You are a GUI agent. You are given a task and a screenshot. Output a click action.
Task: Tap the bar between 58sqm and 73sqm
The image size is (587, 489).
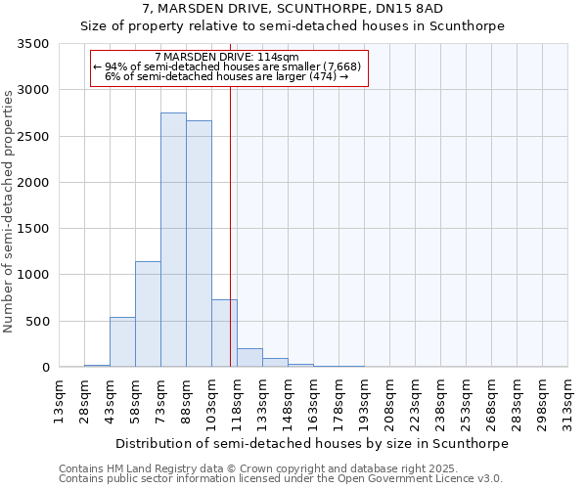(148, 314)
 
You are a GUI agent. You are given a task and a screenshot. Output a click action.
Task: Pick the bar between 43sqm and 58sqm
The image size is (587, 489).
(122, 342)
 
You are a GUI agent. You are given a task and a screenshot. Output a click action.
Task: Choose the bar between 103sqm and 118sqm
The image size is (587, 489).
(224, 333)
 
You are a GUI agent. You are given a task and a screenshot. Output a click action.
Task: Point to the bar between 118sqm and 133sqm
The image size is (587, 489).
(249, 358)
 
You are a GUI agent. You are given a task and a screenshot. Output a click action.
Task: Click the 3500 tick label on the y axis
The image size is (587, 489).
(34, 45)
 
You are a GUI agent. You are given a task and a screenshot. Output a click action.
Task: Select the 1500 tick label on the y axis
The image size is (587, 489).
(34, 229)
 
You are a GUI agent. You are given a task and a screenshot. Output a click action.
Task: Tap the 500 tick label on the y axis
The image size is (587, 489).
(38, 321)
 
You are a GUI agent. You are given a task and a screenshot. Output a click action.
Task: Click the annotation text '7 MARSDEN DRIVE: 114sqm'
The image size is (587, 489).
(227, 57)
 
